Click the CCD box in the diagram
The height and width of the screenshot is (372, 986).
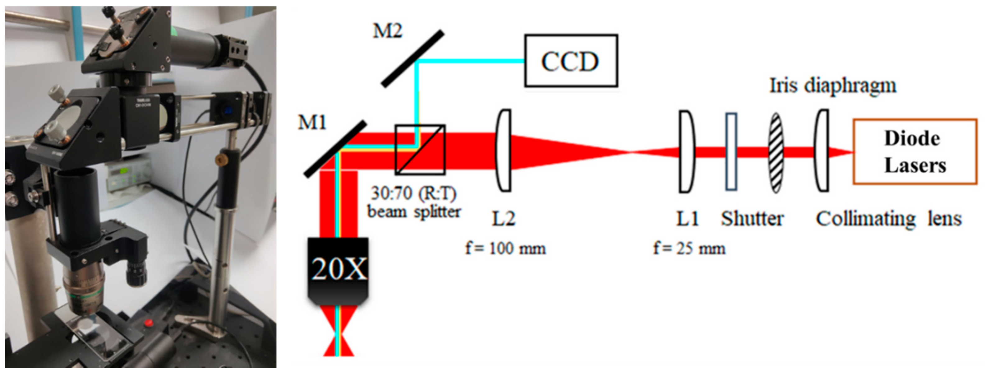click(x=570, y=61)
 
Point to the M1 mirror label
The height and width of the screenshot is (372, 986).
click(x=312, y=123)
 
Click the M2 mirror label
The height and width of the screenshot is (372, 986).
click(x=387, y=31)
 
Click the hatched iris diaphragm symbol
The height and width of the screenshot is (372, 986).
click(x=776, y=152)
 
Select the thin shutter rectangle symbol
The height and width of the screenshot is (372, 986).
click(x=731, y=151)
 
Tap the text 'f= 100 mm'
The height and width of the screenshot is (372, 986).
click(x=505, y=248)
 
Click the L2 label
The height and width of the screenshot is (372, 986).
click(x=503, y=219)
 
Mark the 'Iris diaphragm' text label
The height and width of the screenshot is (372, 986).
click(x=833, y=86)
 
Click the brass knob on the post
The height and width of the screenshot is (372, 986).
click(x=220, y=158)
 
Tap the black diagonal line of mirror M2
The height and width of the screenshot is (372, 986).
click(x=412, y=58)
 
